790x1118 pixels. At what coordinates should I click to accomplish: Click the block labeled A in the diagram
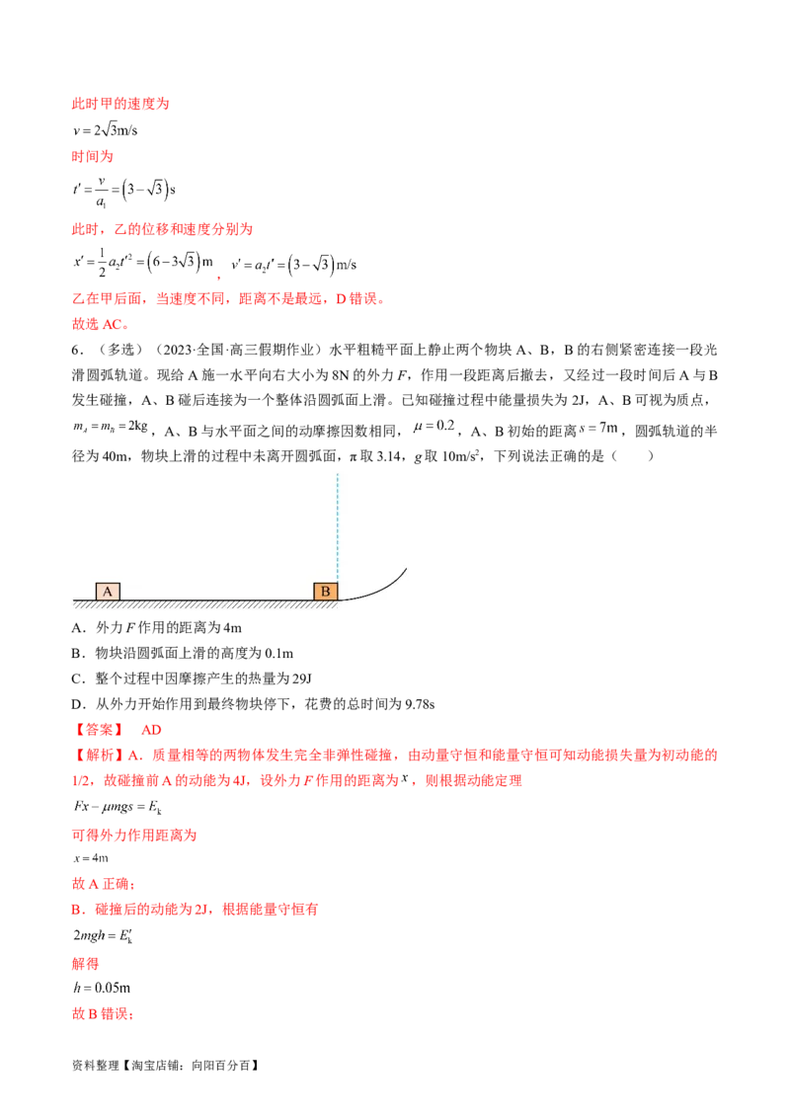click(108, 592)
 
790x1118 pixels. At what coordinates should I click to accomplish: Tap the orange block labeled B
click(326, 592)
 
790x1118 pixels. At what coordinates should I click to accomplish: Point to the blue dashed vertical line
click(338, 523)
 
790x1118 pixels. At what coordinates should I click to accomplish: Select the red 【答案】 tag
click(98, 730)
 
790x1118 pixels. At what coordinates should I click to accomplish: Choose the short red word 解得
click(86, 961)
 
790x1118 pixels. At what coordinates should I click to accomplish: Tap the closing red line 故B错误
click(103, 1013)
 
